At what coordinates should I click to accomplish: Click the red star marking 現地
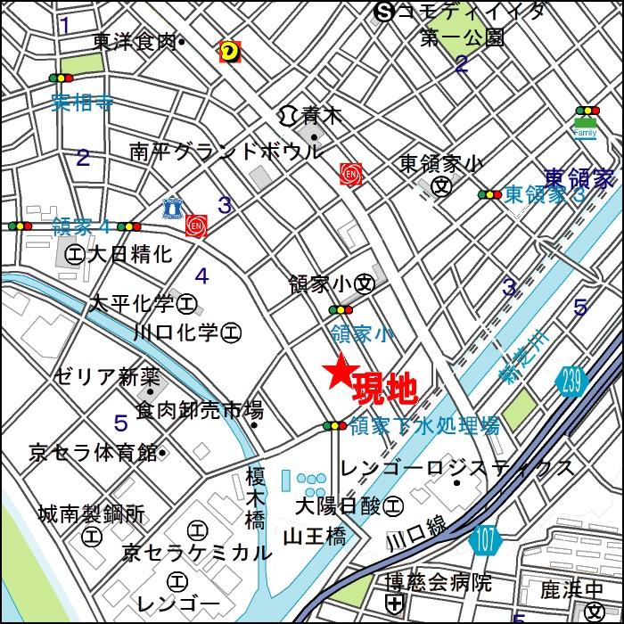pos(339,373)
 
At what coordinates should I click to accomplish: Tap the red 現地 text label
pos(385,389)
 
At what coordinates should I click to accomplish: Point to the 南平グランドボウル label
pos(226,152)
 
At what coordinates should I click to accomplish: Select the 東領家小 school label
pos(440,164)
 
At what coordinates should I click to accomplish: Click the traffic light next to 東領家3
pos(489,194)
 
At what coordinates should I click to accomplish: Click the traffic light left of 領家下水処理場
pos(334,426)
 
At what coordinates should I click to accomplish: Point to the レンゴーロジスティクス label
pos(457,467)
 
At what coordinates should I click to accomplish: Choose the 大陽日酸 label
pos(340,506)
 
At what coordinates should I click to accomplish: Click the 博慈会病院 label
pos(438,583)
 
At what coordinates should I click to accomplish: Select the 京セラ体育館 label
pos(93,452)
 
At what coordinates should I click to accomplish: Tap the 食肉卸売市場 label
pos(199,411)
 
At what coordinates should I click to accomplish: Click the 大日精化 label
pos(129,254)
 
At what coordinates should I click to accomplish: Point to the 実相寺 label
pos(82,101)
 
